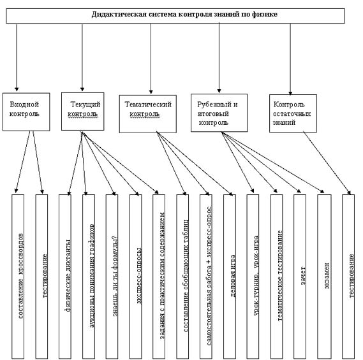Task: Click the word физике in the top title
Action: point(265,14)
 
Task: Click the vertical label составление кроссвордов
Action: point(20,276)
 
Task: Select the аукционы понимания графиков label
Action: point(91,276)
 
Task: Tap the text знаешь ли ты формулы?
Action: point(115,276)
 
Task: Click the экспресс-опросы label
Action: point(138,276)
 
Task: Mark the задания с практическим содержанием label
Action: point(162,276)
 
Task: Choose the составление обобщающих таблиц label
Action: point(186,276)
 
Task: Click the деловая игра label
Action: point(233,276)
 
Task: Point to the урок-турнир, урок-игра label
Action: point(256,276)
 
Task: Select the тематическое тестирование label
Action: point(280,276)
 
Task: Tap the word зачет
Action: point(303,276)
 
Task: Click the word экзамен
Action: point(327,276)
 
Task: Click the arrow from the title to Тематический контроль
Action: point(151,59)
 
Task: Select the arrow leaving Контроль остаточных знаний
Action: point(327,163)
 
